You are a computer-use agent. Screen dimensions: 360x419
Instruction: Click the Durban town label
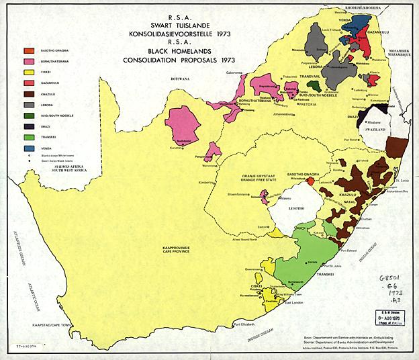click(369, 219)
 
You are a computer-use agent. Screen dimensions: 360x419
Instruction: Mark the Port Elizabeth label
click(246, 326)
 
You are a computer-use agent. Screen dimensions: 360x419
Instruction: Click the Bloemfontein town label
click(240, 193)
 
